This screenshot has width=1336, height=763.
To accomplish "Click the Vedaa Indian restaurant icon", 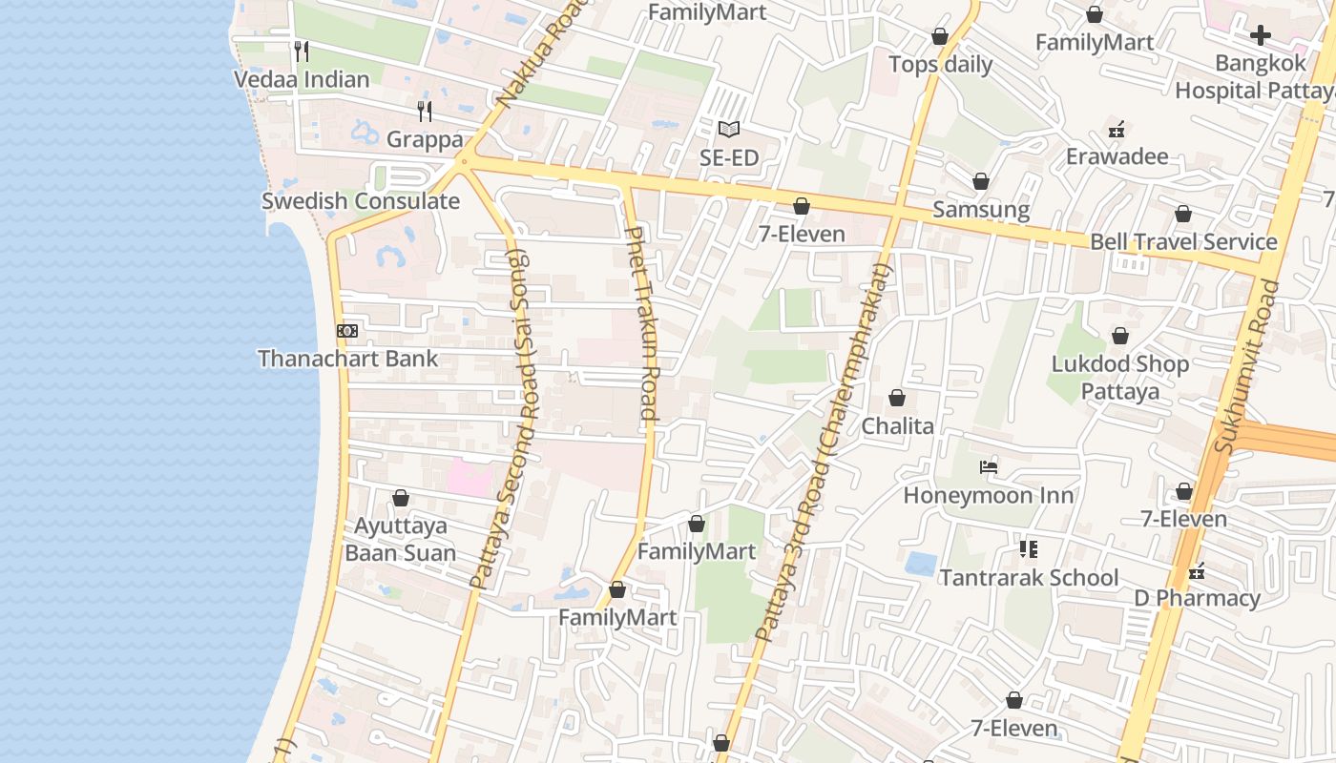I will [302, 51].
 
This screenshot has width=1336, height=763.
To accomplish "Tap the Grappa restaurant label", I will [425, 139].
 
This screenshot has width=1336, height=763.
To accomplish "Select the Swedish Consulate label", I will [361, 201].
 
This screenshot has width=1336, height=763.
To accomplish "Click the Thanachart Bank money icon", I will [347, 330].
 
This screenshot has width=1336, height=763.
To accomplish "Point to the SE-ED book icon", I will [729, 129].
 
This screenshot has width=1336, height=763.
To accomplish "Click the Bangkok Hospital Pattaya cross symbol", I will [1261, 36].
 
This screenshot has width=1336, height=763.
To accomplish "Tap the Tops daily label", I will [940, 65].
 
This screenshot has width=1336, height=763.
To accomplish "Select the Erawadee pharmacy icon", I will [1117, 129].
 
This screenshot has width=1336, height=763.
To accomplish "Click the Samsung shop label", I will [981, 209].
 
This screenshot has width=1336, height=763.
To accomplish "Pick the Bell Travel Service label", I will [1183, 241].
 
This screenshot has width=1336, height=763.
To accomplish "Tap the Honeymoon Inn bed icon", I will [989, 467].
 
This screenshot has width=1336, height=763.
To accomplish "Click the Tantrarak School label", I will [1029, 577].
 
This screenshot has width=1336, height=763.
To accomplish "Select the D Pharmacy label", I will [1197, 598].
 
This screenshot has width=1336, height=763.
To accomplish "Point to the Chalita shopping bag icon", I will [897, 398].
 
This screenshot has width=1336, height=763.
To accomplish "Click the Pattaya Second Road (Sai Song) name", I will [503, 420].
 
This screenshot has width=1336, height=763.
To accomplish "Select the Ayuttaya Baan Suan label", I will [400, 539].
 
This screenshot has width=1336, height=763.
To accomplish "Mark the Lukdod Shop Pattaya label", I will [1119, 377].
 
